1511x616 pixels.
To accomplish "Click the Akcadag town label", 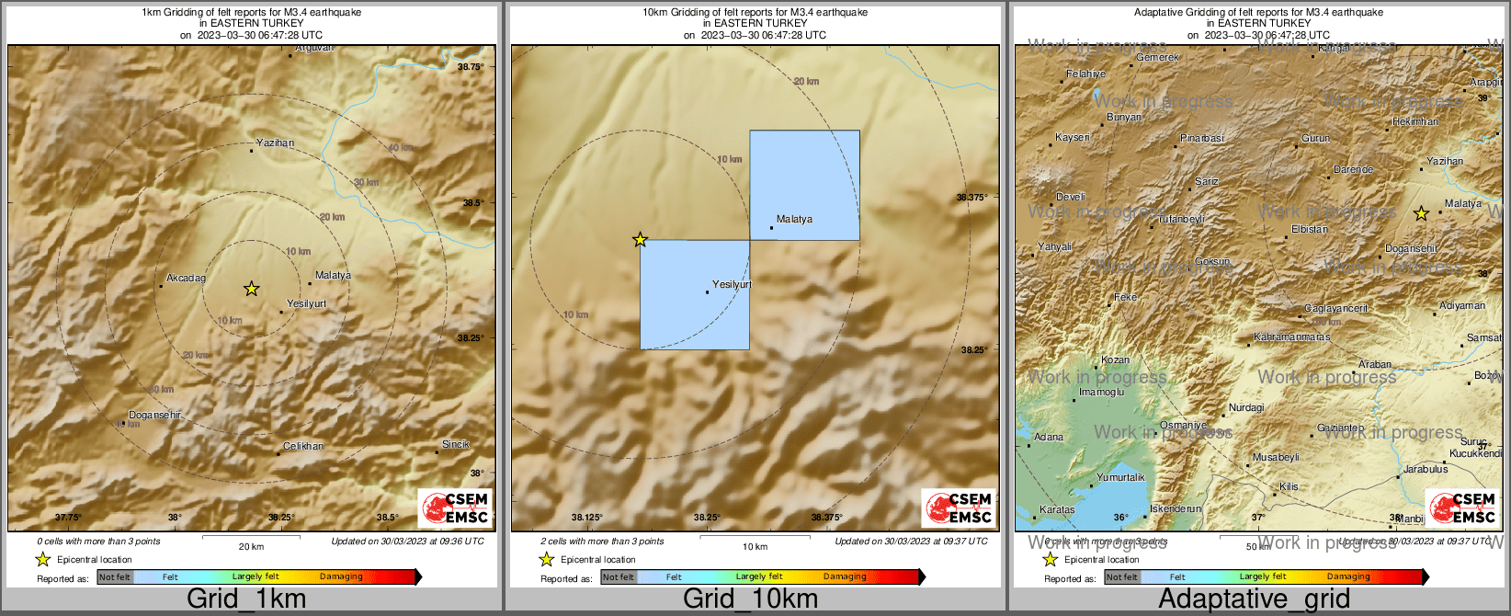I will click(186, 279).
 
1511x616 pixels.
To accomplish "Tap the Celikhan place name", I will click(303, 446).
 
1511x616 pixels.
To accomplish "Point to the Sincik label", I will click(456, 444).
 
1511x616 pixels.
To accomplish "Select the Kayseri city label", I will click(1073, 138).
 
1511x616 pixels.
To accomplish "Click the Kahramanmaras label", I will click(1292, 337).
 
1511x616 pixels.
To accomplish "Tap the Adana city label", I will click(1049, 438).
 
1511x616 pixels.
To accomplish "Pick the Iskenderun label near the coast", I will click(1176, 508).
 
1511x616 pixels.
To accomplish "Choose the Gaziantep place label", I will click(1341, 428).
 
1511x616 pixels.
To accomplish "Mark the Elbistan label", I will click(1310, 229).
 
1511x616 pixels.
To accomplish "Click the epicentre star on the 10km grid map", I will click(641, 240).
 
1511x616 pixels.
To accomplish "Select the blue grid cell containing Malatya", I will click(805, 185).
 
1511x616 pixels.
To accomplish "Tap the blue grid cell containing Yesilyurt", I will click(695, 295).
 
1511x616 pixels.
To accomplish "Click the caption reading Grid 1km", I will click(246, 599).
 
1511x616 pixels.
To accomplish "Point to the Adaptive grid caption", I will click(1254, 599).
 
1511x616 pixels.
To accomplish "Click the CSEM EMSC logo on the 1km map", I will click(455, 508).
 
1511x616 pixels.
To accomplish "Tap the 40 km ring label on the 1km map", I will click(400, 148).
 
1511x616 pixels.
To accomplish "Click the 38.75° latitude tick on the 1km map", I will click(471, 67).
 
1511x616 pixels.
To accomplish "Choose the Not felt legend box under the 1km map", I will click(115, 577).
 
